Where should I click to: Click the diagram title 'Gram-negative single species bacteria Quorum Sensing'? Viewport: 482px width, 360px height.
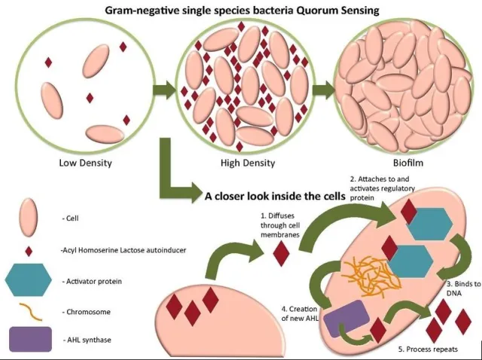click(x=241, y=11)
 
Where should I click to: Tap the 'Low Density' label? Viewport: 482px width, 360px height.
click(x=85, y=163)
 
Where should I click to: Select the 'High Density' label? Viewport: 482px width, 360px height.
click(x=248, y=163)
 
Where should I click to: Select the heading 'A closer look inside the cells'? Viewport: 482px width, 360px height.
click(x=274, y=196)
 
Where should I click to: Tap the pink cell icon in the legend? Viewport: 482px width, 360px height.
click(x=28, y=218)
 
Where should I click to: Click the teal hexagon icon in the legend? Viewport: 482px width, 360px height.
click(x=28, y=281)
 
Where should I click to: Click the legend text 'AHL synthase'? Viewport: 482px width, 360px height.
click(x=87, y=340)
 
